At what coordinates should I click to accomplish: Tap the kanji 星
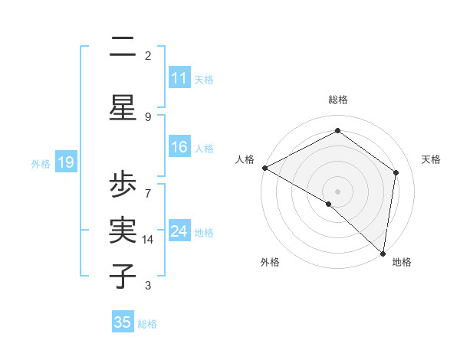click(123, 107)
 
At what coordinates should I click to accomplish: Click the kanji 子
click(123, 275)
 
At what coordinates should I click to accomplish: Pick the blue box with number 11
click(179, 78)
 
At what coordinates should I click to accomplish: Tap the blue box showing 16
click(179, 147)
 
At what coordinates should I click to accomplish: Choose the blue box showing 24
click(179, 231)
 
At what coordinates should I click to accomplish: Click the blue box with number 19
click(65, 162)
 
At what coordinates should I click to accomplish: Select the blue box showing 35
click(123, 322)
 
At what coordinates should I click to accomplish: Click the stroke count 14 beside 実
click(149, 240)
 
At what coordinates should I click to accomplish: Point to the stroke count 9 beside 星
click(148, 116)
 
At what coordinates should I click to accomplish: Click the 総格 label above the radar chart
click(338, 100)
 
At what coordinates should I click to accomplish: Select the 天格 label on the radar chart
click(431, 159)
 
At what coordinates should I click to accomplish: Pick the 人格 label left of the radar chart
click(245, 159)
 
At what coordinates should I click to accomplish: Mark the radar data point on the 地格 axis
click(383, 253)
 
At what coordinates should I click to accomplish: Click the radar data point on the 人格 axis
click(264, 168)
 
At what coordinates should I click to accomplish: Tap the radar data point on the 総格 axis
click(338, 131)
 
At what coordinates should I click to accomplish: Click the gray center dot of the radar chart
click(338, 191)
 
